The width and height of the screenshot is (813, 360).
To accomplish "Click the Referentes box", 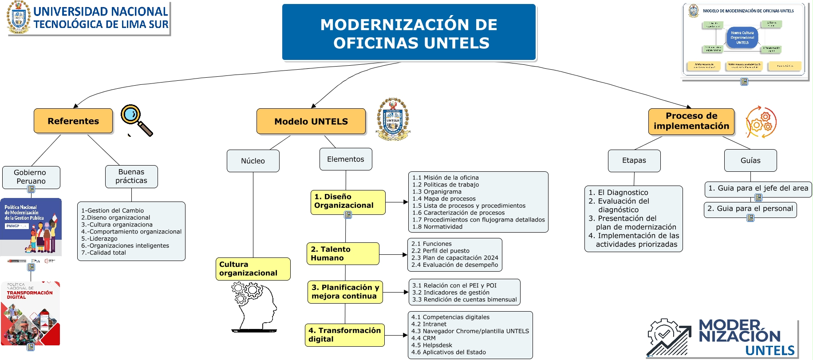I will (73, 121).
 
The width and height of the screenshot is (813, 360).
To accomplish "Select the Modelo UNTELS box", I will (311, 122).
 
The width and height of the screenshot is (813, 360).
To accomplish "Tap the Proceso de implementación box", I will (691, 121).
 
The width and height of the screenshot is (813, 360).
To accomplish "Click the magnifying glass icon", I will (136, 120).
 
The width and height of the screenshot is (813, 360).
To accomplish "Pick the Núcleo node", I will (253, 161).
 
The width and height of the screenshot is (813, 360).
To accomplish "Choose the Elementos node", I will (346, 159).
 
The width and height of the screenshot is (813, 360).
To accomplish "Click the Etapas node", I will (634, 160).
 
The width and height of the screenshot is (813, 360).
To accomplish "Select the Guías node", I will (750, 160).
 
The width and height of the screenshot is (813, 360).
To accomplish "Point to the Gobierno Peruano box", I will (31, 177).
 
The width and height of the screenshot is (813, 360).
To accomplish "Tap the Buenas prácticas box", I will (131, 176).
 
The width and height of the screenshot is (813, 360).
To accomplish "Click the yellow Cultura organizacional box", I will (253, 269).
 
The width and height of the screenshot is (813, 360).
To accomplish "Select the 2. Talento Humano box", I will (343, 253).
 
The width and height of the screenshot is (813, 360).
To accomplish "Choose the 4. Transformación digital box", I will (344, 335).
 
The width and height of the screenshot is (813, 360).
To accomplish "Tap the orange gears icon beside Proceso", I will (761, 122).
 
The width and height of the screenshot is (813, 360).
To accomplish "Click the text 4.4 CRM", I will (423, 338).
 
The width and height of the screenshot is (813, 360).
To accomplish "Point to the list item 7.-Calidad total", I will (103, 253).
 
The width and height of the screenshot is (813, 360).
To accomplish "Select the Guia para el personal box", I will (750, 209).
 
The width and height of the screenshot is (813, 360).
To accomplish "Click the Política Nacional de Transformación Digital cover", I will (30, 313).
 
